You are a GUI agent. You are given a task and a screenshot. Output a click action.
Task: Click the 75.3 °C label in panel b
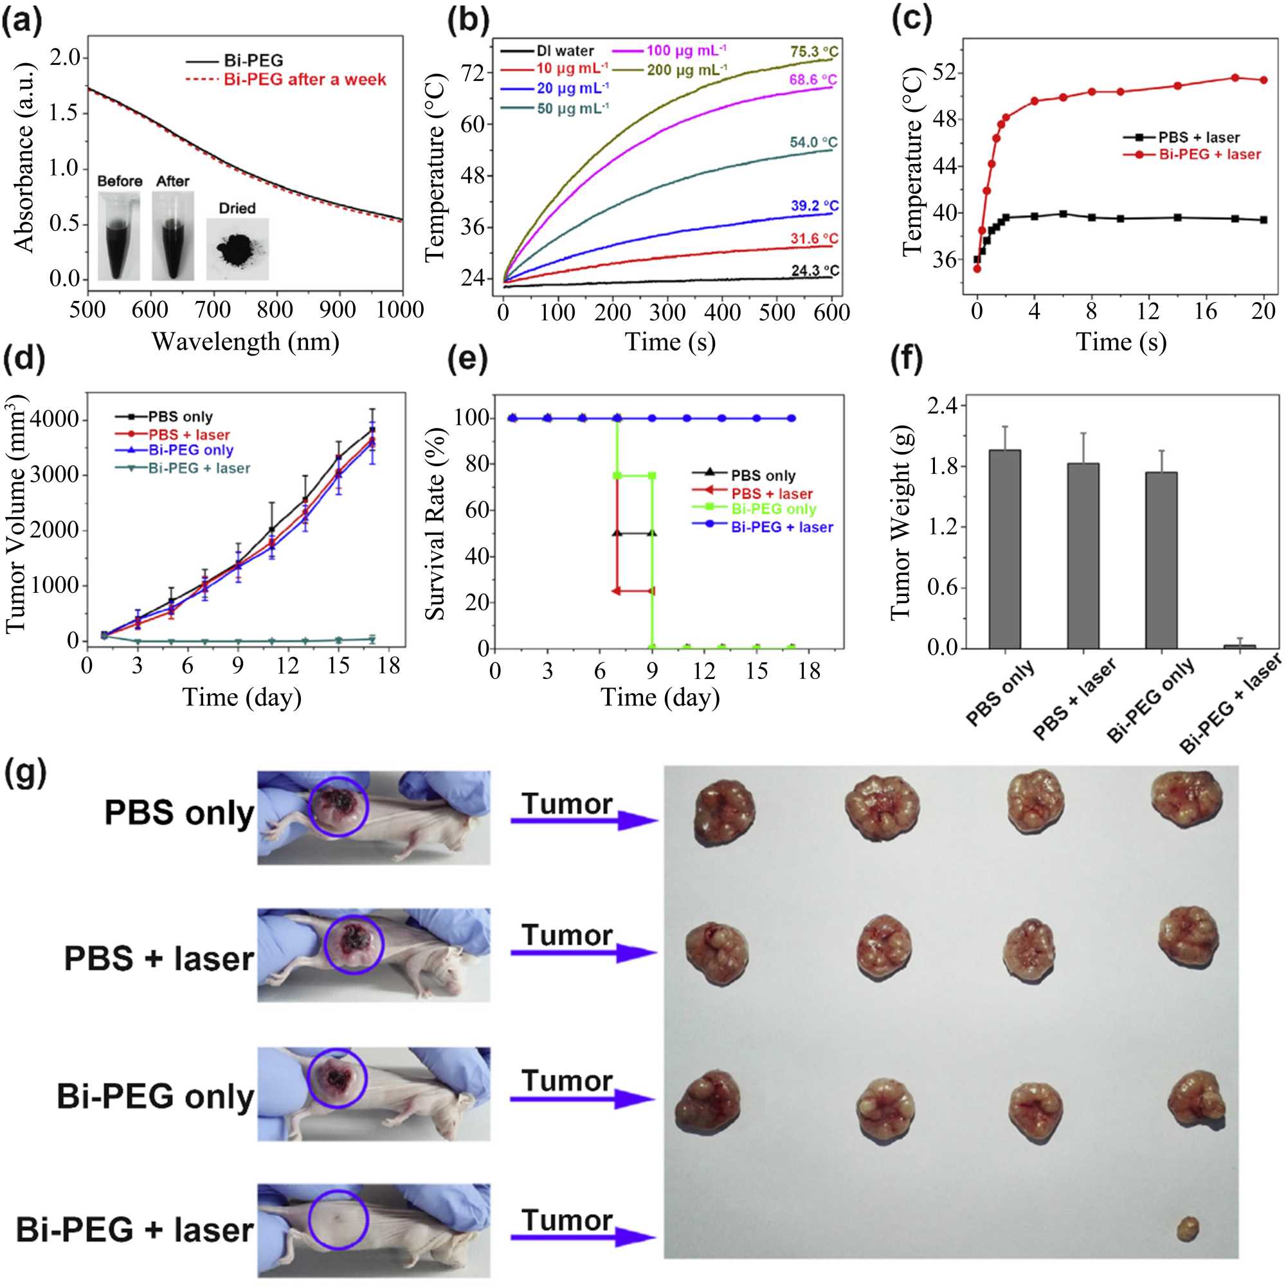tap(814, 52)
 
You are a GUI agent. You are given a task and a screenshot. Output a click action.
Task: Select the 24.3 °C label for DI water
tap(815, 271)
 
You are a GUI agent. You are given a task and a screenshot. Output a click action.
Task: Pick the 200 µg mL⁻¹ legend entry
tap(685, 69)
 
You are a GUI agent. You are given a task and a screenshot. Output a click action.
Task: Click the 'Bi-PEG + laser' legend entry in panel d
tap(198, 469)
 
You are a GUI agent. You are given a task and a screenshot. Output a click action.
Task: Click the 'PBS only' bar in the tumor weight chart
tap(1004, 548)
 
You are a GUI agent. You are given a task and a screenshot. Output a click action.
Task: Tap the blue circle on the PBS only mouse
tap(338, 806)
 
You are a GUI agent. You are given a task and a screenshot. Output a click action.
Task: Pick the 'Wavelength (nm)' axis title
tap(246, 342)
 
